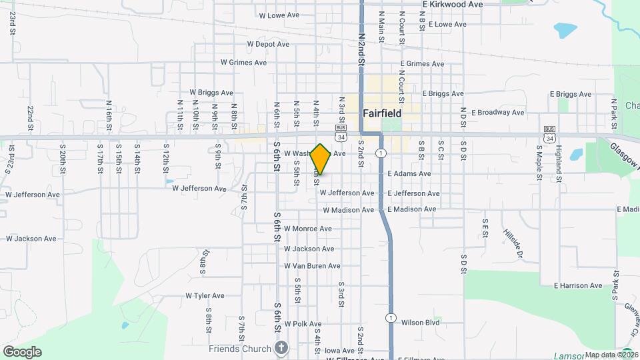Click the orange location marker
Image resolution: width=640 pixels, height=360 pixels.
click(x=321, y=159)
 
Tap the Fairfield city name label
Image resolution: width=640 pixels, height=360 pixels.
click(x=383, y=113)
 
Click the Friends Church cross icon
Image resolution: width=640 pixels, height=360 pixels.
click(x=282, y=348)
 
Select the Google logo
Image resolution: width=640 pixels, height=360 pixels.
click(x=22, y=352)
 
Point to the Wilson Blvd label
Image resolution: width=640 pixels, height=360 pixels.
click(x=421, y=323)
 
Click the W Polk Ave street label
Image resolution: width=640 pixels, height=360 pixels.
click(x=303, y=324)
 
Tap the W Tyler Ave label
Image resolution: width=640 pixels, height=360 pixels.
click(x=205, y=295)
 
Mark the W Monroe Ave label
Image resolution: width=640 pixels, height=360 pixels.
click(x=307, y=229)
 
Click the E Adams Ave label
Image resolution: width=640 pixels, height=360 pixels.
click(x=409, y=174)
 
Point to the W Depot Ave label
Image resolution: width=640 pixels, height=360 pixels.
click(x=268, y=44)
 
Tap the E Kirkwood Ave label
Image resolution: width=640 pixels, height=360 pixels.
click(x=453, y=4)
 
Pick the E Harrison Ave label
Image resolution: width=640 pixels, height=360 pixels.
click(x=577, y=286)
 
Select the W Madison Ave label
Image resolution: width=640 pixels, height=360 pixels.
click(x=347, y=210)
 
